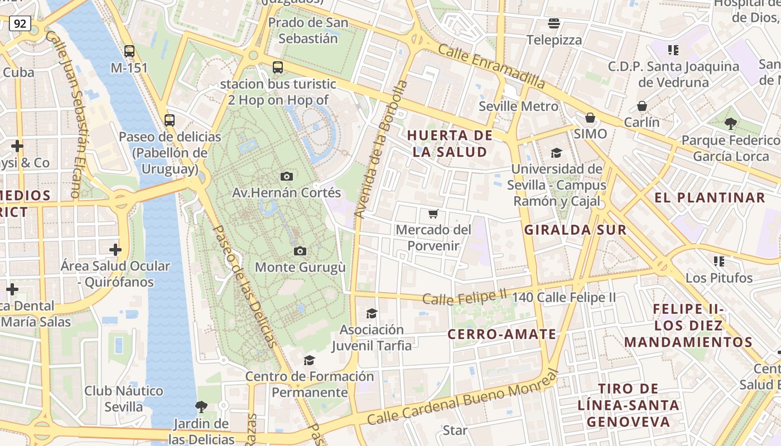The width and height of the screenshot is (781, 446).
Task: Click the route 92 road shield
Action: click(x=20, y=23)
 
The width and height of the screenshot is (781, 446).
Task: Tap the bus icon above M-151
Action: click(x=129, y=51)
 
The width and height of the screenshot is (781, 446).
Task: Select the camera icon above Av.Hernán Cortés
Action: click(x=287, y=176)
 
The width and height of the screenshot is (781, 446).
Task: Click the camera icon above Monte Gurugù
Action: click(x=300, y=251)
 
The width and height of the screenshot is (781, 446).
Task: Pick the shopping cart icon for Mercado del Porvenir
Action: click(x=433, y=214)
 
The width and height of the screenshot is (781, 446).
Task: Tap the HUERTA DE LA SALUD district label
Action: click(x=450, y=143)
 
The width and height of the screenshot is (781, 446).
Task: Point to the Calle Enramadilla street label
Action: click(x=491, y=66)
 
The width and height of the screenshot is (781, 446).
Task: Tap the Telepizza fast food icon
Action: click(x=554, y=23)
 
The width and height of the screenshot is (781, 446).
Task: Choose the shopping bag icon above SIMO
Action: click(x=590, y=118)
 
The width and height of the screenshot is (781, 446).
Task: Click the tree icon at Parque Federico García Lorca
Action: click(x=730, y=124)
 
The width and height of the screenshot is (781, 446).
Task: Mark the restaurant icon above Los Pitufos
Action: click(x=719, y=261)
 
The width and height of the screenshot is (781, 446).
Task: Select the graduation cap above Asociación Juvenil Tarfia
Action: click(x=372, y=313)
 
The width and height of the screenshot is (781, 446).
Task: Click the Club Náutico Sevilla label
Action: click(x=124, y=399)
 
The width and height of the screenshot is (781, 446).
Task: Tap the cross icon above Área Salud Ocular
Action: click(x=115, y=249)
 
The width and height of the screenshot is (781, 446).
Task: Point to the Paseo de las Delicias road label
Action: click(x=245, y=287)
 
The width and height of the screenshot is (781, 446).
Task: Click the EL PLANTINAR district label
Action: click(x=710, y=197)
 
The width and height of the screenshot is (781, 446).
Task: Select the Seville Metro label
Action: click(x=518, y=106)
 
